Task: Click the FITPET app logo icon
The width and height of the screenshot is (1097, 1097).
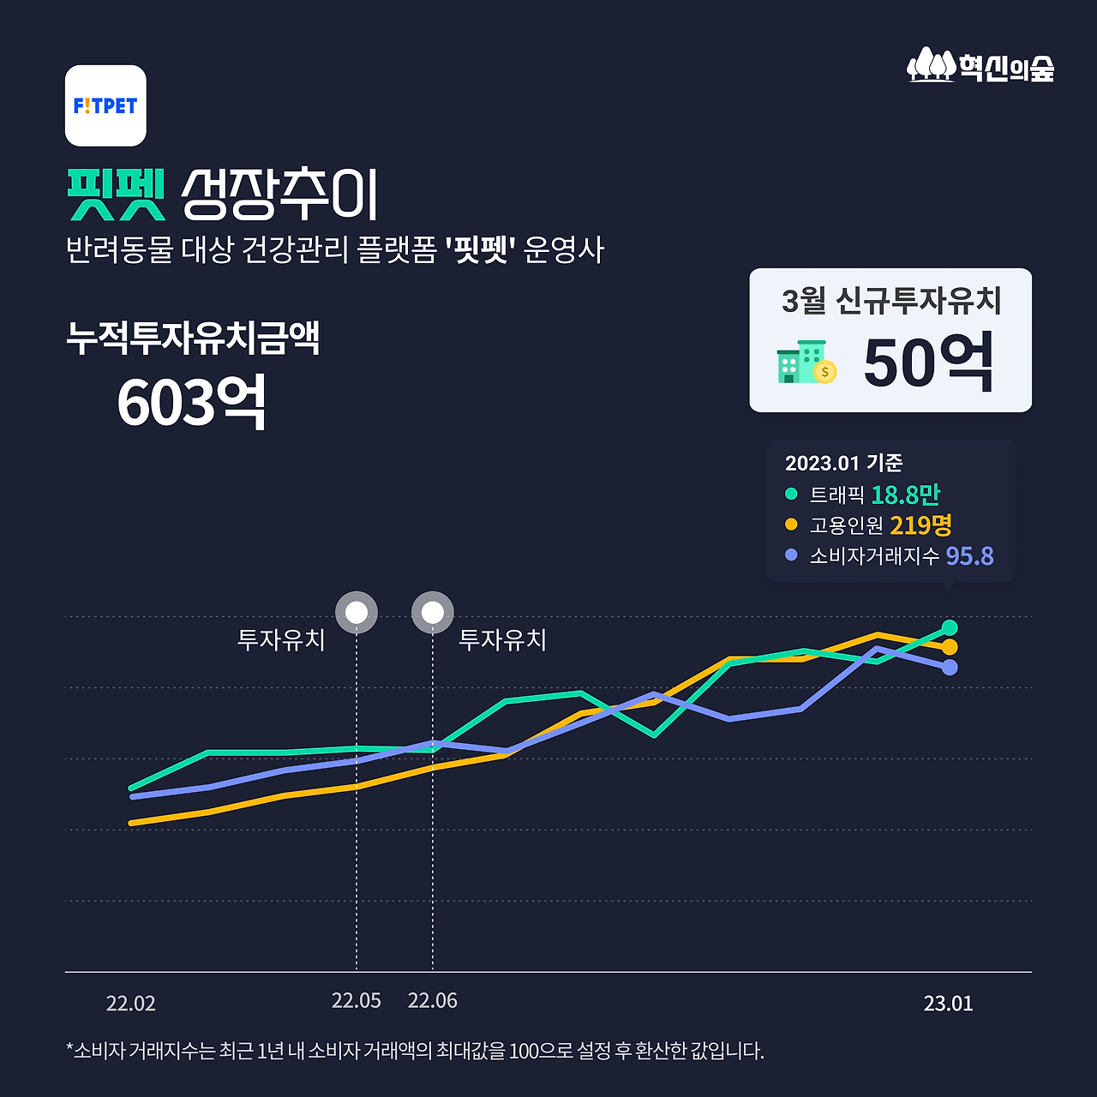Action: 105,105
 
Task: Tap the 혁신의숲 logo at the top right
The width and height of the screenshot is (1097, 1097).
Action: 980,66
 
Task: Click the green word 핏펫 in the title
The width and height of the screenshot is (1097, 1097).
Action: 116,195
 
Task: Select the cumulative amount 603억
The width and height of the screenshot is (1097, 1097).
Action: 191,402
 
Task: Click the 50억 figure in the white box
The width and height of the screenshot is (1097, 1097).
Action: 928,363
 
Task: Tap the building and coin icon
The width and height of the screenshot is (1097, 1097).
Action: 806,363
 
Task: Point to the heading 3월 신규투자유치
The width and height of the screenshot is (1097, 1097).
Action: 891,300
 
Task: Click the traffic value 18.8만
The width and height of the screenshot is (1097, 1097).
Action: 905,495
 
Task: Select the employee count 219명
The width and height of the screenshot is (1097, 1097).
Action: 920,525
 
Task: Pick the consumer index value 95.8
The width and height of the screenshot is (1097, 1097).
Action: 969,555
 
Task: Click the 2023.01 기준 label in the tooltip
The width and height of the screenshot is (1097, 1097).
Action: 843,463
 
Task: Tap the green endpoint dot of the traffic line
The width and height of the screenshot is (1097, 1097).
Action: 949,627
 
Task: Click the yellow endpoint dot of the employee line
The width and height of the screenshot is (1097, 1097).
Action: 949,647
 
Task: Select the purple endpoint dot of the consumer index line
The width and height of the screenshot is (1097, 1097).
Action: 949,667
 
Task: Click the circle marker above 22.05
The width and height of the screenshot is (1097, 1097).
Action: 357,612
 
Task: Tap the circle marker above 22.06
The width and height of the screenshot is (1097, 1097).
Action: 433,612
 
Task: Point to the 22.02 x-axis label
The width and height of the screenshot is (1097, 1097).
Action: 130,1004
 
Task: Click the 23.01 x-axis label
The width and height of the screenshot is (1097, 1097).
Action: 948,1004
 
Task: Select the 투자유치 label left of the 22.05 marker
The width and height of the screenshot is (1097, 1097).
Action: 281,639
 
